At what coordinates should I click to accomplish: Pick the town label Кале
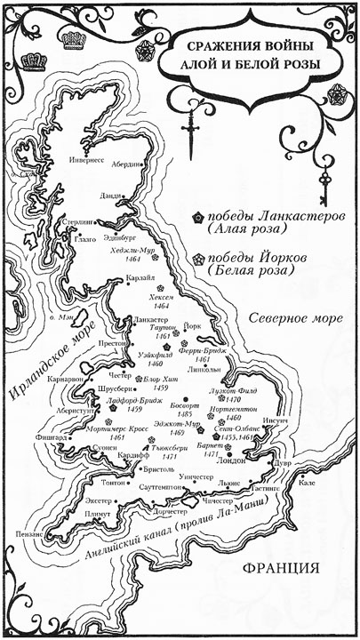point(307,483)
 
